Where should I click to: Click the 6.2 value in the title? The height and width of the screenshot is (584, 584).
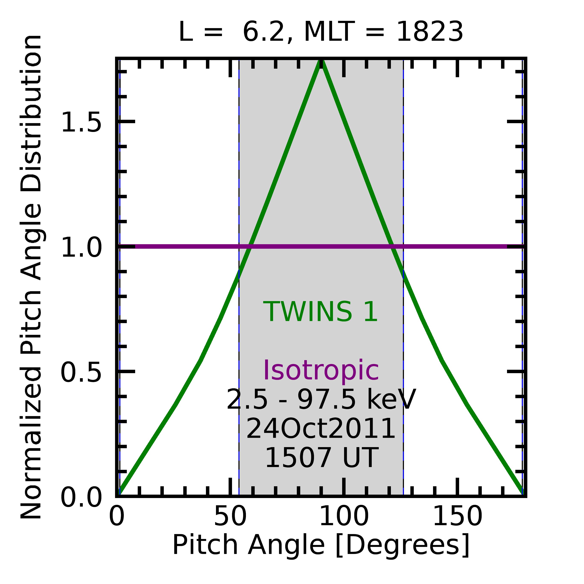tap(264, 32)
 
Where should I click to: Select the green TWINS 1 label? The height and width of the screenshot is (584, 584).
tap(320, 312)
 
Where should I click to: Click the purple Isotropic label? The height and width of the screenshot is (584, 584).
tap(321, 371)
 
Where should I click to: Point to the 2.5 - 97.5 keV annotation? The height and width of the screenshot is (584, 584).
tap(321, 400)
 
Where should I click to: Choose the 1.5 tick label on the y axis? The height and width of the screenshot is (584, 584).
tap(81, 122)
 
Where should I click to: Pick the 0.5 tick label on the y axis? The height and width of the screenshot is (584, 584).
tap(81, 373)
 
